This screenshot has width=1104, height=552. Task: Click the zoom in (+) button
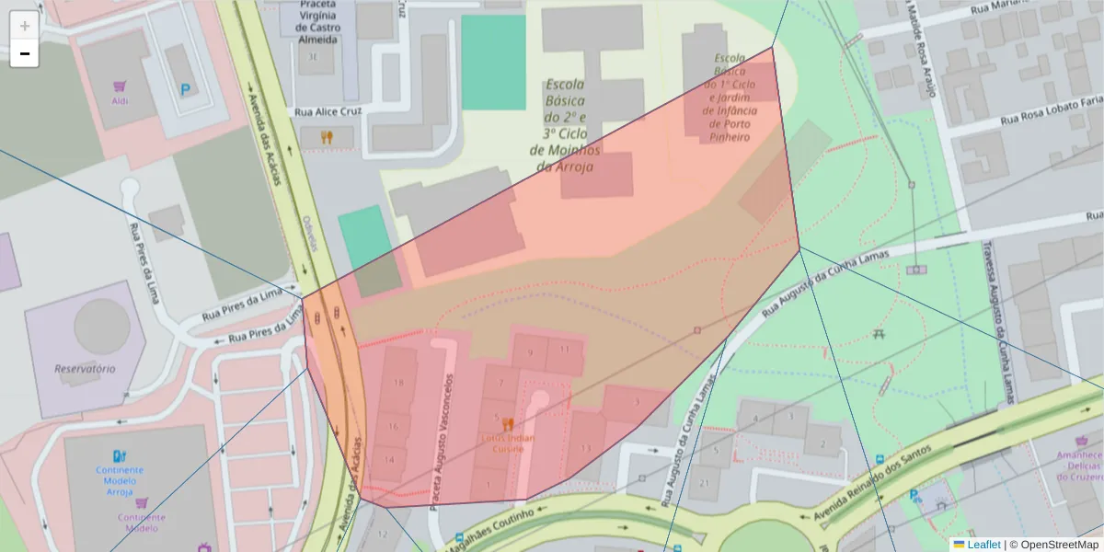pos(24,26)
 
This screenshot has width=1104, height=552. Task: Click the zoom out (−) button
pos(24,53)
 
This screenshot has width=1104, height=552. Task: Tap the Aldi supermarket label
pos(121,101)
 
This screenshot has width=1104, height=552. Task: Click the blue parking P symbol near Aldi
pos(186,89)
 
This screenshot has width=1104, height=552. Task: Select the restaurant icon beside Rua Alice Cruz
pos(327,137)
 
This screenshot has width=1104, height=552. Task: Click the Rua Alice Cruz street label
pos(328,111)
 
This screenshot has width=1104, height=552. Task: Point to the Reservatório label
pos(85,368)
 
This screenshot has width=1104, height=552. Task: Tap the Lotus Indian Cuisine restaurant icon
pos(507,424)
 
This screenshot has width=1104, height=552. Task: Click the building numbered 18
pos(398,382)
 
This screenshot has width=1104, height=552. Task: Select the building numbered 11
pos(565,350)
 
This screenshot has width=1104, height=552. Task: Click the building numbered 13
pos(586,448)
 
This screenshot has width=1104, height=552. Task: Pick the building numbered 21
pos(706,482)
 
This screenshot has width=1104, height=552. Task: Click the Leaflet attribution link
pos(983,545)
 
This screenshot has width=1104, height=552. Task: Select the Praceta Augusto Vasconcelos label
pos(441,442)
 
